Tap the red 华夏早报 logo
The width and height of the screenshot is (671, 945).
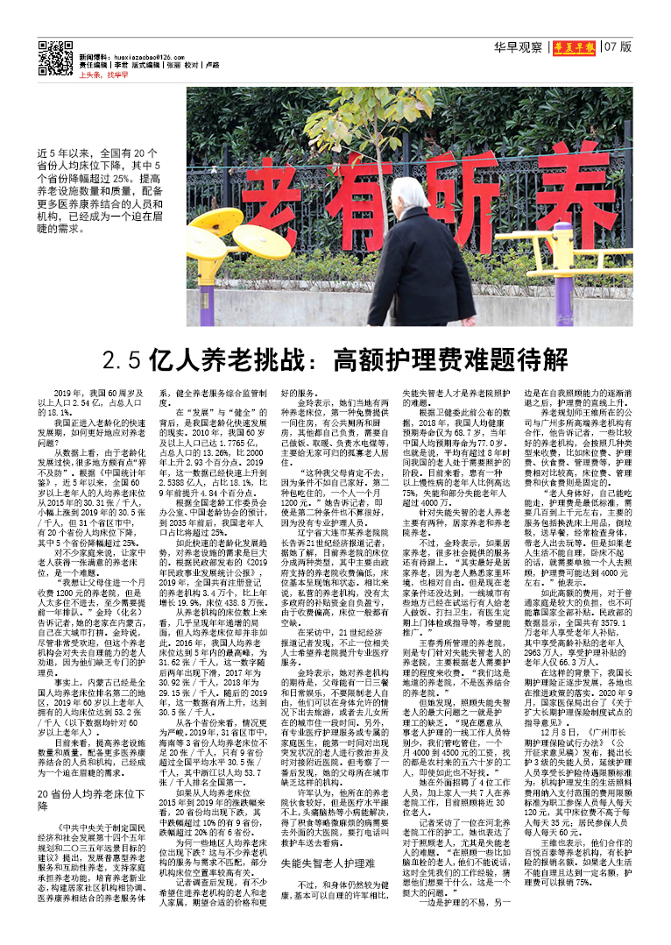click(x=573, y=47)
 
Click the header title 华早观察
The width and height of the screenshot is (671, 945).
click(x=517, y=47)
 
